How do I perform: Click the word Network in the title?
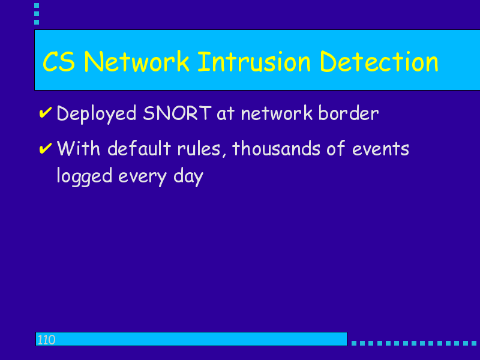137,62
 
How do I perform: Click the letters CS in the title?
59,62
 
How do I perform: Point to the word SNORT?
177,113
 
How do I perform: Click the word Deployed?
97,115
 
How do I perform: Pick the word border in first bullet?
349,113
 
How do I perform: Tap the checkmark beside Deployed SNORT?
46,112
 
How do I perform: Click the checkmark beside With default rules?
46,148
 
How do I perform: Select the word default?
139,148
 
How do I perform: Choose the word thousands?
276,148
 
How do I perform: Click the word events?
380,149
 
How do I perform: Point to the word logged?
85,176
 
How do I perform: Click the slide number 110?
46,340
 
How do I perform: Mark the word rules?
202,149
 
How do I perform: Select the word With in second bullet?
79,148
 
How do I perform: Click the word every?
143,178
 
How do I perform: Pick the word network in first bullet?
277,113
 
